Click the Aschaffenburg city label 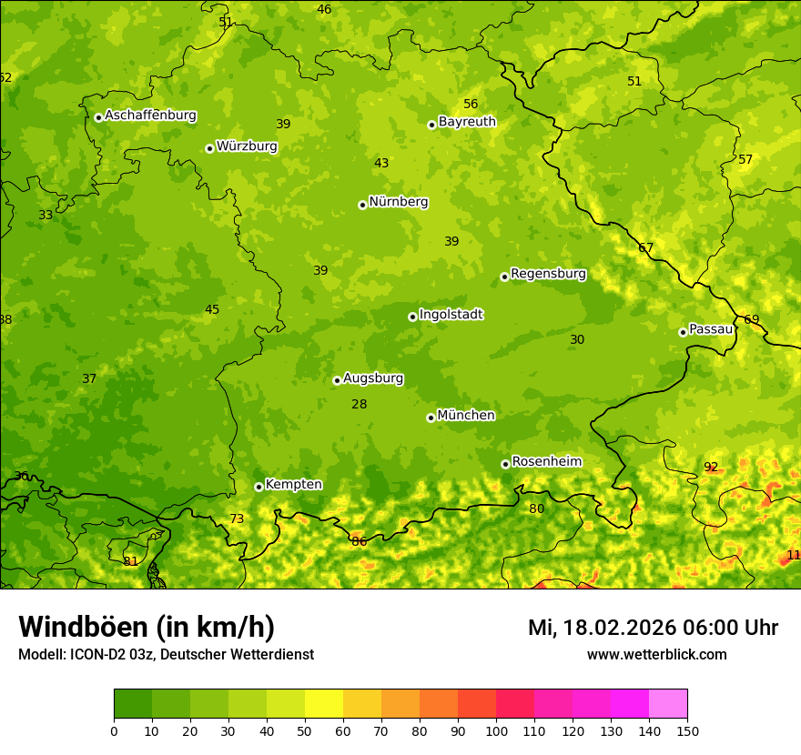(x=150, y=116)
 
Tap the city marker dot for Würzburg (x=209, y=148)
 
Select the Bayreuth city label (x=467, y=122)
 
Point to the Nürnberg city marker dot (x=362, y=205)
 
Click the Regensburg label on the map (x=548, y=274)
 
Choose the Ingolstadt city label (x=451, y=315)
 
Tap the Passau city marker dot (x=683, y=332)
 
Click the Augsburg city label (x=372, y=378)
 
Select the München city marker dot (x=431, y=418)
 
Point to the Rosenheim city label (x=546, y=462)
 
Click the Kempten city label (x=293, y=485)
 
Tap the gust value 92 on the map (x=711, y=468)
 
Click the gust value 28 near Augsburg (x=360, y=404)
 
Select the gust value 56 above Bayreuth (x=471, y=104)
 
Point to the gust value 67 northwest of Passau (x=646, y=247)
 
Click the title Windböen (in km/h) (x=147, y=627)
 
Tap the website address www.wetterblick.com (x=656, y=655)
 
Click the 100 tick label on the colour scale (x=496, y=731)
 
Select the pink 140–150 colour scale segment (x=668, y=703)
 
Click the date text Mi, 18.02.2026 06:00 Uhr (x=653, y=628)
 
